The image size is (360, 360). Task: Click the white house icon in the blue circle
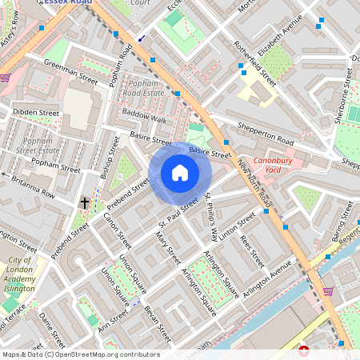pyautogui.click(x=179, y=173)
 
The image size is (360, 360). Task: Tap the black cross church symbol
pyautogui.click(x=84, y=203)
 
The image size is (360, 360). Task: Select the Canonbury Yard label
pyautogui.click(x=275, y=165)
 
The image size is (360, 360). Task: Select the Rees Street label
pyautogui.click(x=252, y=250)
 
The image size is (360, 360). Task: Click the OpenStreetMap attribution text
pyautogui.click(x=81, y=354)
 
